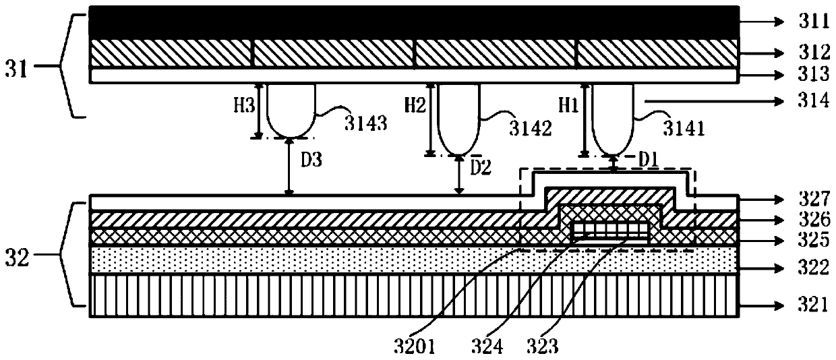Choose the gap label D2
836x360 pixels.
point(481,166)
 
